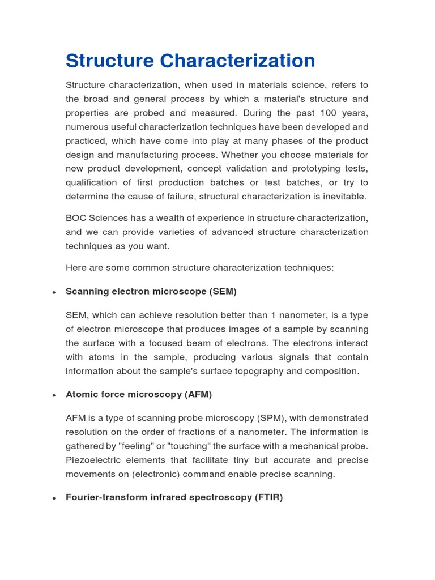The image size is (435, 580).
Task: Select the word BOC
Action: (x=76, y=218)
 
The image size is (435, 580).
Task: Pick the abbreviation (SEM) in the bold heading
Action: (x=223, y=292)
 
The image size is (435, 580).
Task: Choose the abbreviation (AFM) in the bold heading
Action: (x=198, y=394)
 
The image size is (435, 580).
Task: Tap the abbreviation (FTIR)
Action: (x=268, y=497)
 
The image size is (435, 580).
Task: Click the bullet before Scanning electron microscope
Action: (x=53, y=293)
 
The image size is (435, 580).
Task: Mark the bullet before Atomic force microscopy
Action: (x=53, y=395)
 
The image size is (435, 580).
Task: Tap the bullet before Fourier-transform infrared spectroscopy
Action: (x=53, y=498)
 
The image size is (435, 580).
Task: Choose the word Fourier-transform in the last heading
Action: (x=105, y=497)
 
